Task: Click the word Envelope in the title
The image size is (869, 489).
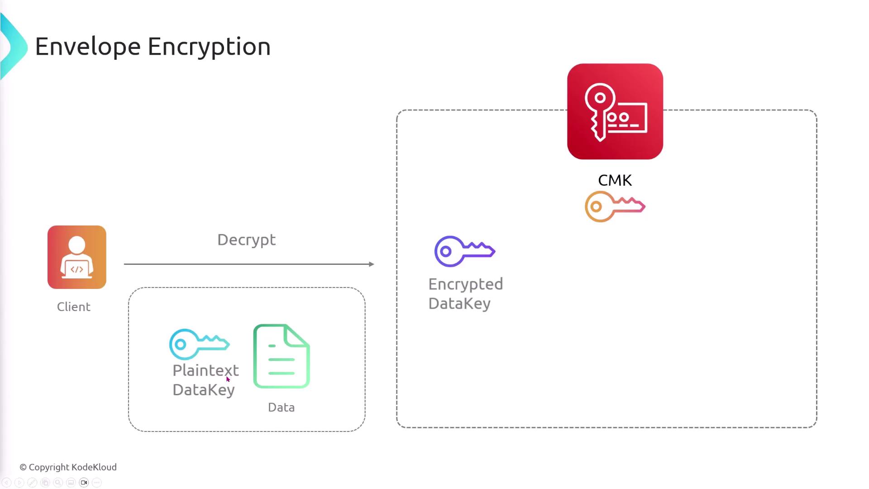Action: [x=88, y=47]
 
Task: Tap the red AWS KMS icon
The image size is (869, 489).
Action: [x=615, y=111]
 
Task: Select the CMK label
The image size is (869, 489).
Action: [x=615, y=180]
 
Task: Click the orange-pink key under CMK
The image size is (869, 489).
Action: [x=615, y=206]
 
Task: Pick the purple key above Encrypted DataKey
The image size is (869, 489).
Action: [x=464, y=251]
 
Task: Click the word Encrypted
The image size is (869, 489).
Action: [x=465, y=284]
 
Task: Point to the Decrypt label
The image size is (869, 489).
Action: [x=246, y=240]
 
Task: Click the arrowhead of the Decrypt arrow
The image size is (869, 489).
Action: [x=372, y=264]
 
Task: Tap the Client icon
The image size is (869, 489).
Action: [x=77, y=257]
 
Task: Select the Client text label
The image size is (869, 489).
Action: [x=74, y=307]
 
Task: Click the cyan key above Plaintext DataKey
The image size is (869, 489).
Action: [x=199, y=344]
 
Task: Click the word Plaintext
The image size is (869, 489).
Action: [x=205, y=370]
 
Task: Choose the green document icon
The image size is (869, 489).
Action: [x=282, y=356]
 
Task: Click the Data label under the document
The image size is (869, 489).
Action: [x=281, y=407]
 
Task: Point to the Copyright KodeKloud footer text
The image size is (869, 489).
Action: [x=68, y=467]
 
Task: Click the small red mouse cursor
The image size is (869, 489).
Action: [x=228, y=379]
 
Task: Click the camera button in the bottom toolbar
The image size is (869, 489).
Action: [x=84, y=483]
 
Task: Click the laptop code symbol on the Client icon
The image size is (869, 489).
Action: [x=77, y=269]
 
